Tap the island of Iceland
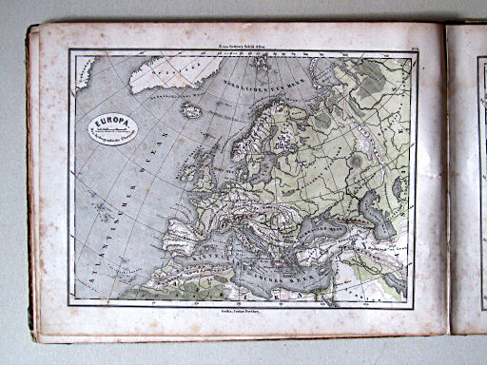(192, 110)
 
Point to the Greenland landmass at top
(162, 74)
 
